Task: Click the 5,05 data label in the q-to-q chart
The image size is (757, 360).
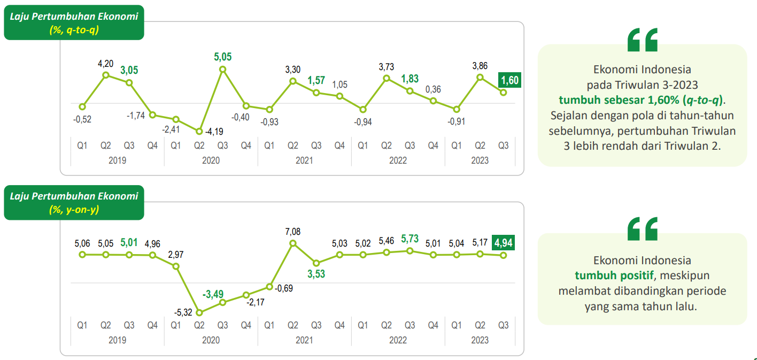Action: coord(223,57)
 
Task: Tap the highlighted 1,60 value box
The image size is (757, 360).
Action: coord(508,80)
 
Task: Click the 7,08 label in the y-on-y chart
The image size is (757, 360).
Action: coord(293,231)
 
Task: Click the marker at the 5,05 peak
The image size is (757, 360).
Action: coord(223,70)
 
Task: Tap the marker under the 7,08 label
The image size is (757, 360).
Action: coord(293,243)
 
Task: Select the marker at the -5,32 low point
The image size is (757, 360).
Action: coord(199,313)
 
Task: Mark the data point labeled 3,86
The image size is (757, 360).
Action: coord(480,77)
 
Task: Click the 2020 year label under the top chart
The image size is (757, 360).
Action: coord(211,160)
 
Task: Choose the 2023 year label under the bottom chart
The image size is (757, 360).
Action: coord(480,340)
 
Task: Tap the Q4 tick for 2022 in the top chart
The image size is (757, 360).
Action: coord(433,145)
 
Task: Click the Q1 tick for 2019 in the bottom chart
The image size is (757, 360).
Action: coord(82,325)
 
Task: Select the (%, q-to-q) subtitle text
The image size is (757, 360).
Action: coord(74,29)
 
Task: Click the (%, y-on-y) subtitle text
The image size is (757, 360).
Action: coord(74,210)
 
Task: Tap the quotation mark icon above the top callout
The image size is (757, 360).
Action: coord(642,40)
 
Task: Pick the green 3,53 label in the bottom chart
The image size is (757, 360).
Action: coord(316,274)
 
